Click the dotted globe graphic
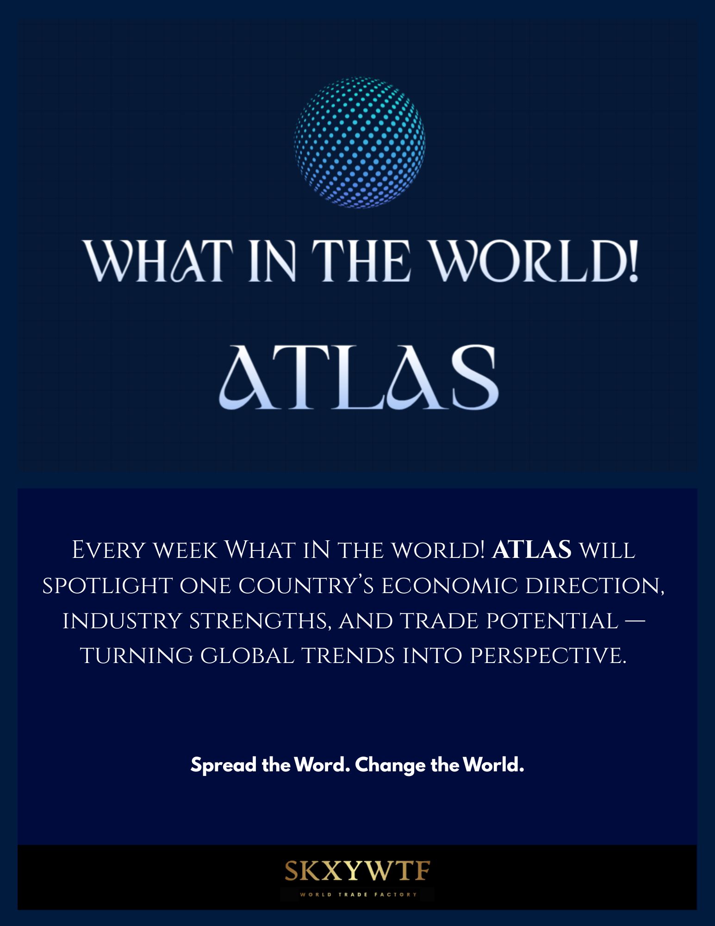pos(360,142)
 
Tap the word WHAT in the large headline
pos(158,261)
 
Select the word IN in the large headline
pos(272,261)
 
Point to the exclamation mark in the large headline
pos(633,261)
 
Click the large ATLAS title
pos(359,377)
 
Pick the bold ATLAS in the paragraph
pos(531,550)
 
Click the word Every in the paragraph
pos(109,551)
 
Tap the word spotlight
pos(107,586)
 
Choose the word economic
pos(449,586)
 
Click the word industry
pos(122,621)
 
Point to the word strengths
pos(261,621)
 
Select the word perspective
pos(548,656)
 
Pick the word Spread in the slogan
pos(224,765)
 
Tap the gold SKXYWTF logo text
pos(357,871)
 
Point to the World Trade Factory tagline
pos(359,895)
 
